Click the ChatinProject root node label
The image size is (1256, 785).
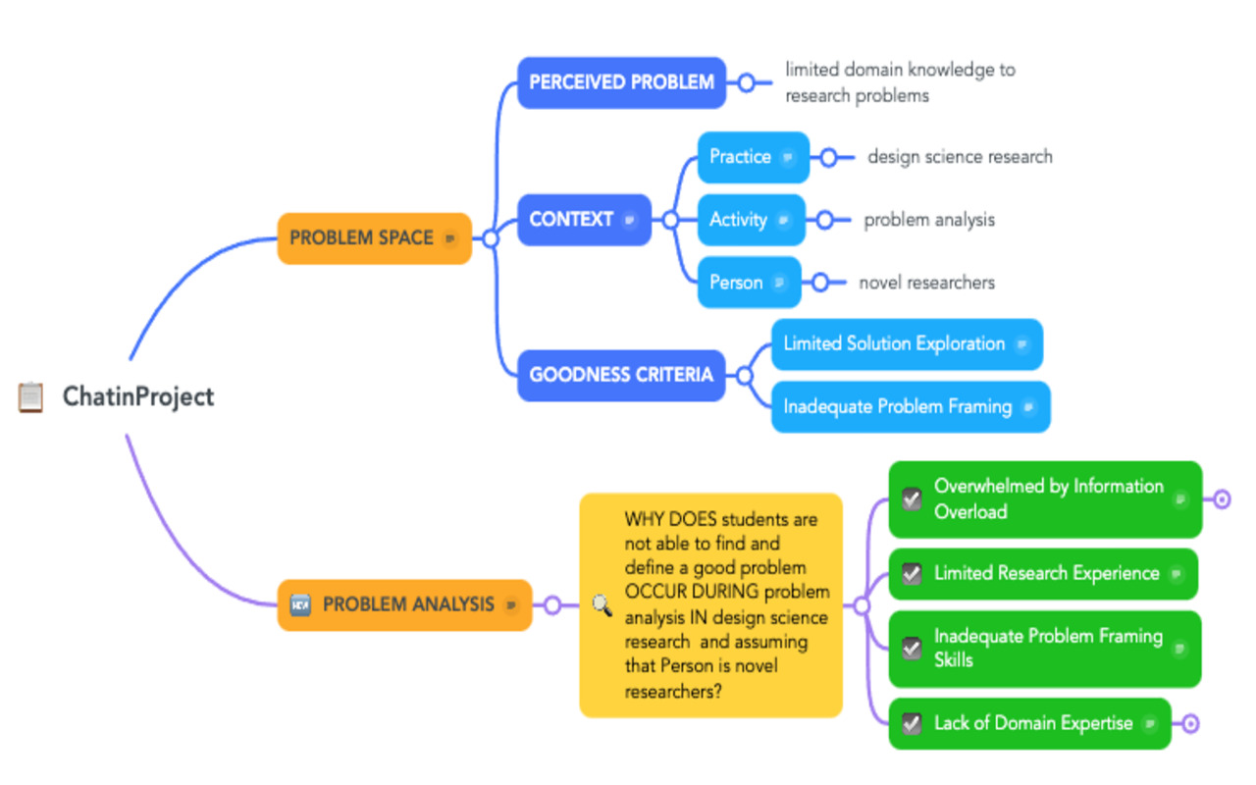click(137, 396)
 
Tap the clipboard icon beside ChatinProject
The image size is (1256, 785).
click(31, 397)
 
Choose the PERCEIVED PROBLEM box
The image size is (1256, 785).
click(621, 82)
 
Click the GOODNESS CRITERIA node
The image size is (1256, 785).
click(620, 375)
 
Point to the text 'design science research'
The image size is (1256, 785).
click(959, 157)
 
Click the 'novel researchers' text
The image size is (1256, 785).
click(926, 283)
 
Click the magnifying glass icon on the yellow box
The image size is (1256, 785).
click(602, 605)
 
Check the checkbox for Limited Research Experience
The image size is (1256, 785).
click(912, 574)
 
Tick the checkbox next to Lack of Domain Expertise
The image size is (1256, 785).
click(912, 724)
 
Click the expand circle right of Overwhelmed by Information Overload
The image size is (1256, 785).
click(1222, 499)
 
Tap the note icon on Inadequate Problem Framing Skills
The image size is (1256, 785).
click(1179, 649)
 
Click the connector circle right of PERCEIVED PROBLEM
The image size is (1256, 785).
click(746, 82)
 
